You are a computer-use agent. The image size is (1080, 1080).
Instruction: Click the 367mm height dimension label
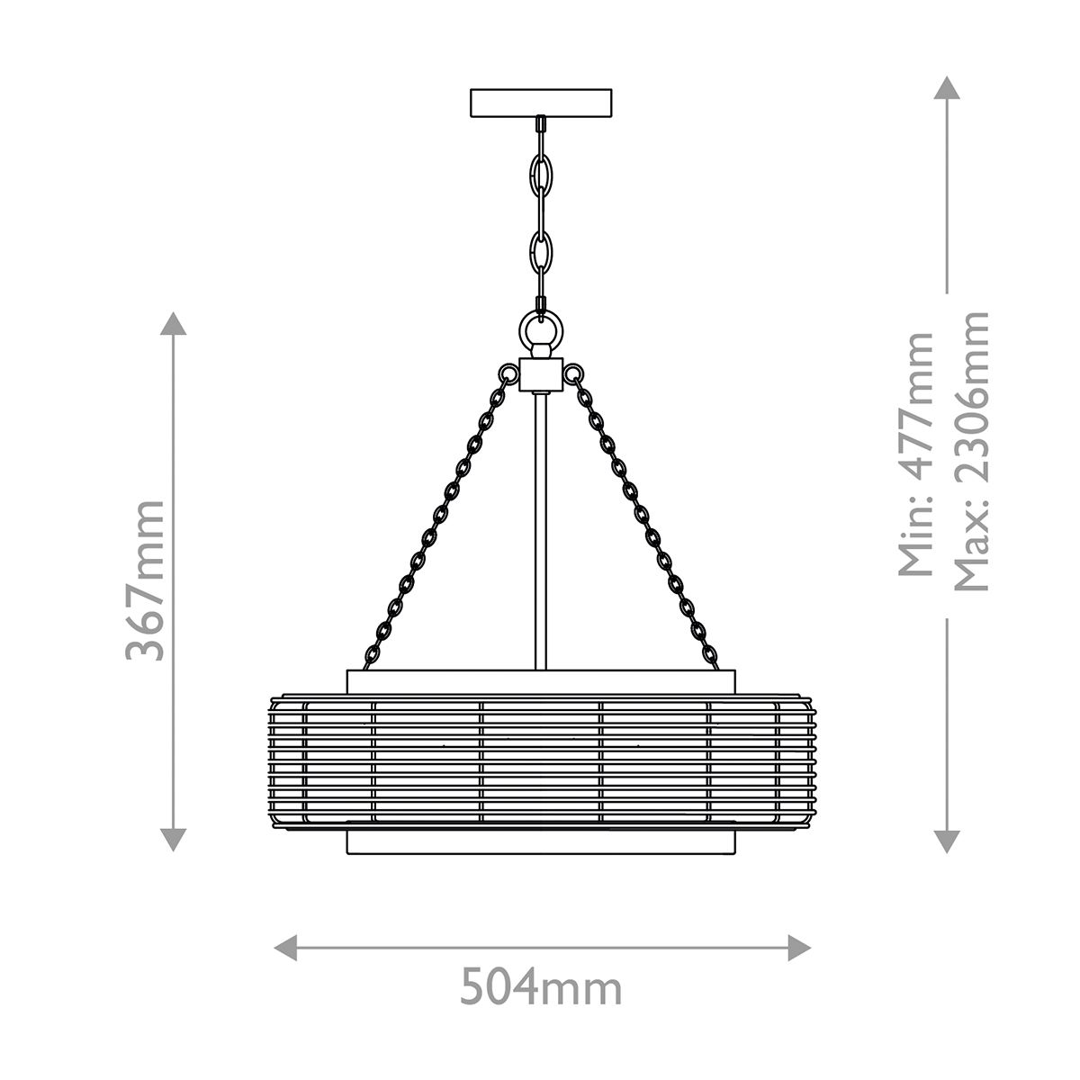(145, 580)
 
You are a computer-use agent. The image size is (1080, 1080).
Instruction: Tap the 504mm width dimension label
(541, 989)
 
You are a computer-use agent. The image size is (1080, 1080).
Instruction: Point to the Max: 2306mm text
(971, 451)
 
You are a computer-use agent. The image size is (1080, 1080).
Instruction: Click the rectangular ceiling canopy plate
(541, 103)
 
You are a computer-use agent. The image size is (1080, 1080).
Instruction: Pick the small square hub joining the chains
(541, 374)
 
